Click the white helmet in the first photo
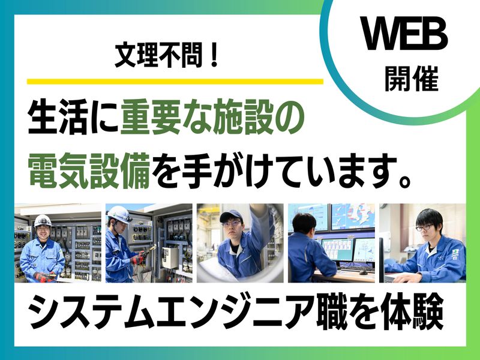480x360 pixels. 43,220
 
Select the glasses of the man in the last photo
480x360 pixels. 425,227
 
